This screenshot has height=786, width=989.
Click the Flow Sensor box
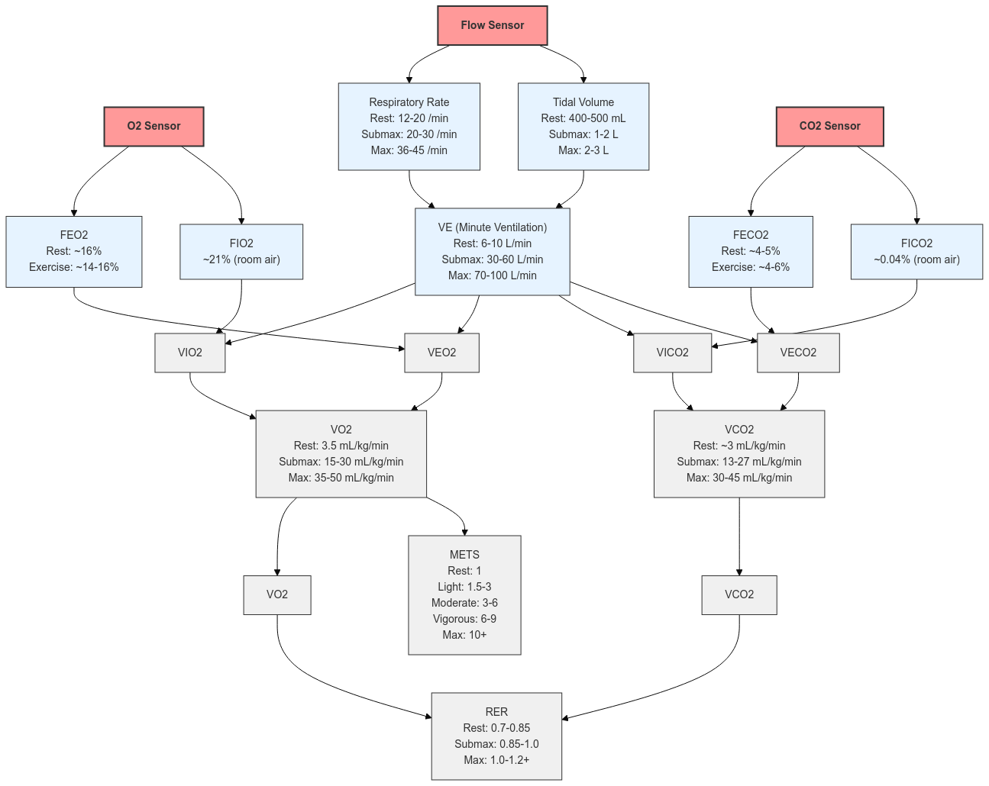click(x=493, y=26)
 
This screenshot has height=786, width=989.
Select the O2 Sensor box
click(x=154, y=126)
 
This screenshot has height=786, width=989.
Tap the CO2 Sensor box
click(x=829, y=126)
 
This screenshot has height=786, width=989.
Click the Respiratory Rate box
click(x=409, y=126)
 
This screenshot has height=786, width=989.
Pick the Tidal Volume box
click(x=583, y=126)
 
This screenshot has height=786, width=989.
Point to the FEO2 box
click(x=74, y=251)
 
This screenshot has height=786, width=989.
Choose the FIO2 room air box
click(x=241, y=251)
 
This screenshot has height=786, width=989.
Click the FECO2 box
click(x=751, y=251)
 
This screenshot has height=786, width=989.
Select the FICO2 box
click(x=916, y=251)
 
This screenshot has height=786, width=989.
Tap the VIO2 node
click(x=190, y=353)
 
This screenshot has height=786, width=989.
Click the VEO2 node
click(x=441, y=353)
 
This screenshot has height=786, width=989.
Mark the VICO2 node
click(x=673, y=353)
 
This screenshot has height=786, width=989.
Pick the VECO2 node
click(x=798, y=353)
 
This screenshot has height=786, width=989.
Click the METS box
click(x=464, y=594)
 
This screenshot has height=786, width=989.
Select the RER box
click(x=496, y=736)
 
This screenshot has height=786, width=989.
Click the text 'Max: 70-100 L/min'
click(x=493, y=275)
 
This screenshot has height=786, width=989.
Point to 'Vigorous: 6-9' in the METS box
click(x=464, y=619)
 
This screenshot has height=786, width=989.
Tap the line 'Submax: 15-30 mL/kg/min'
click(x=341, y=462)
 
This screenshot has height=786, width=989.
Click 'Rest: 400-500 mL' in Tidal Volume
click(x=583, y=118)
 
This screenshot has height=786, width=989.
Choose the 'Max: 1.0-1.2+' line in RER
click(x=496, y=760)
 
